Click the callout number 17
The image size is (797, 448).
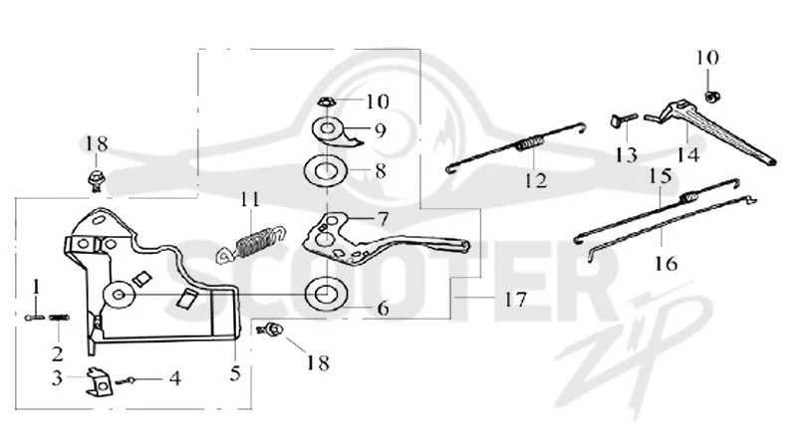pos(515,300)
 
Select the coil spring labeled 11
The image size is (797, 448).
pos(251,243)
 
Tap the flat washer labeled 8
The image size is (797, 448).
pos(325,171)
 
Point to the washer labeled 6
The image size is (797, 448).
pos(325,294)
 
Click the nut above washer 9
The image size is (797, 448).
pos(326,103)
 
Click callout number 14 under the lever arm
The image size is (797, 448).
pos(687,154)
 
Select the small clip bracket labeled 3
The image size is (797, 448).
pos(98,382)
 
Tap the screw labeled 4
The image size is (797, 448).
pos(126,380)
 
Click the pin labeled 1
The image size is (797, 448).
pos(34,318)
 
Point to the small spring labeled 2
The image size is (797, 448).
pos(59,318)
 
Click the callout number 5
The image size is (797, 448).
pos(235,373)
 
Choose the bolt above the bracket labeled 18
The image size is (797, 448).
pos(95,180)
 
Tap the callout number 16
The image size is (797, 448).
pos(665,263)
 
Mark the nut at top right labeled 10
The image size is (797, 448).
pos(713,96)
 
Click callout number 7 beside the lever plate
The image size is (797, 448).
pos(383,219)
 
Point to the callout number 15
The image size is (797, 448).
pos(661,176)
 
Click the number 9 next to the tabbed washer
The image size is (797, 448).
pos(380,130)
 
